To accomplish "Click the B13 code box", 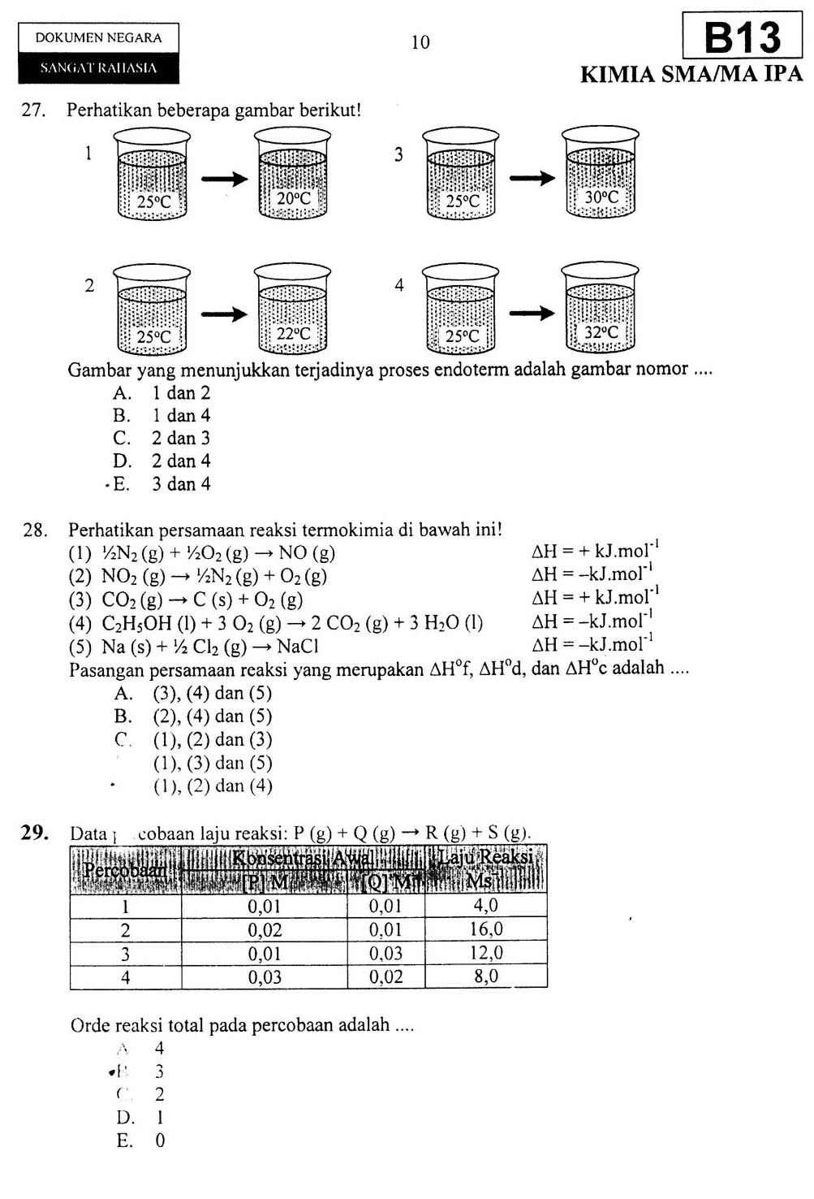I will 742,37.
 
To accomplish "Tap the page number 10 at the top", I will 420,42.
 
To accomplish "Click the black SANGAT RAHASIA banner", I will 98,68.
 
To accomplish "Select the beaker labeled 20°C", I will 292,174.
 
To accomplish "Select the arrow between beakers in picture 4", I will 532,313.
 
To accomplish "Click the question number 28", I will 35,530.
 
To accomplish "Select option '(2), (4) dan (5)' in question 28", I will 212,716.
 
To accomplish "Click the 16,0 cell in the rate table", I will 486,929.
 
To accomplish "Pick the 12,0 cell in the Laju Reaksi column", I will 486,953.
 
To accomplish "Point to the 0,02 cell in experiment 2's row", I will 265,930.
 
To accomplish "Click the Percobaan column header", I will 125,870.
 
